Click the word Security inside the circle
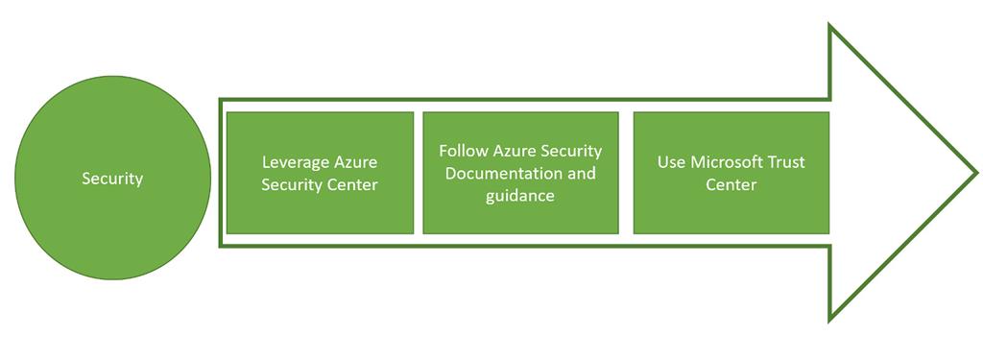point(112,179)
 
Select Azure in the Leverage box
point(352,163)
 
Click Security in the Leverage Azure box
point(290,184)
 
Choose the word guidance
point(519,195)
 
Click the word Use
point(672,162)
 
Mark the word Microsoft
point(727,162)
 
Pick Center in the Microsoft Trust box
point(731,183)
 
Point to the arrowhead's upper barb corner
point(830,26)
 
